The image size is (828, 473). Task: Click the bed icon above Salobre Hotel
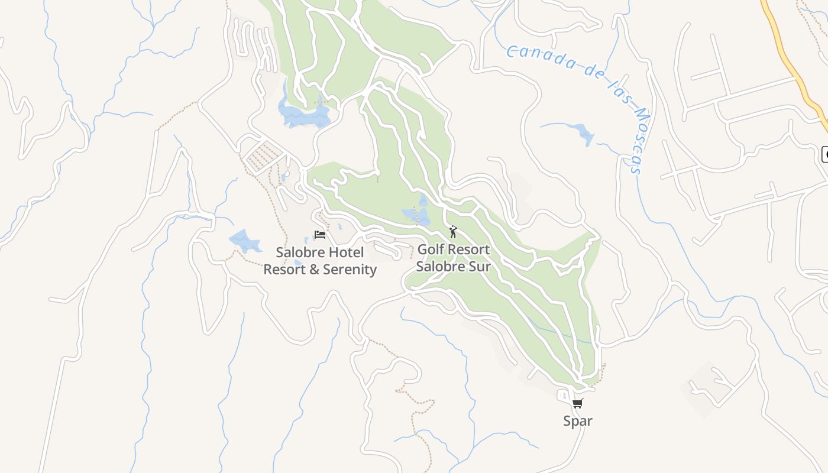click(x=320, y=235)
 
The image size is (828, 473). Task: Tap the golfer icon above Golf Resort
click(x=453, y=232)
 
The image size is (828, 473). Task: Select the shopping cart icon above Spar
click(x=577, y=404)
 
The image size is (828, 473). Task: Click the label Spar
click(x=577, y=421)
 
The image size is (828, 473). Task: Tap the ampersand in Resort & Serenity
click(x=312, y=270)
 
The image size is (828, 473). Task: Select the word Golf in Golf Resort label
click(x=431, y=250)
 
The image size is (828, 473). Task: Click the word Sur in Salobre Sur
click(x=480, y=266)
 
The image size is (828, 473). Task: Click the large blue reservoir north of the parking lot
click(x=305, y=115)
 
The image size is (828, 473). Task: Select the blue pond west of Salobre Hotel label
click(x=244, y=241)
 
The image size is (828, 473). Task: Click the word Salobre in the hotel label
click(x=300, y=252)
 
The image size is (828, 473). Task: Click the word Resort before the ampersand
click(x=283, y=270)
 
